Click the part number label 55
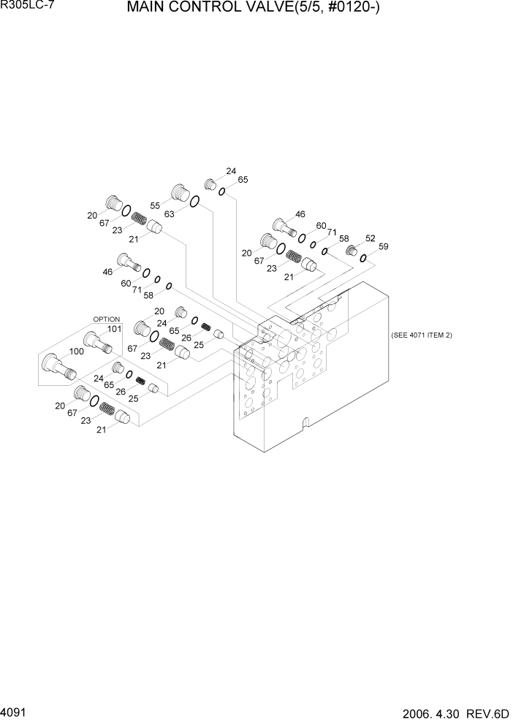pos(155,206)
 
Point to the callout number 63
pos(169,214)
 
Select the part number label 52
pos(370,238)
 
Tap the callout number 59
pos(384,247)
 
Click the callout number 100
pos(75,352)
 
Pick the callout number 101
pos(113,328)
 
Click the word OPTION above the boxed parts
pos(106,319)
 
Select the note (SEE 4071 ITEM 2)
pos(422,334)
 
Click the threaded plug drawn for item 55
pos(179,194)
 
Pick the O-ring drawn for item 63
pos(195,202)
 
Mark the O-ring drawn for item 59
pos(362,258)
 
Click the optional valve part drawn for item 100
pos(58,363)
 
